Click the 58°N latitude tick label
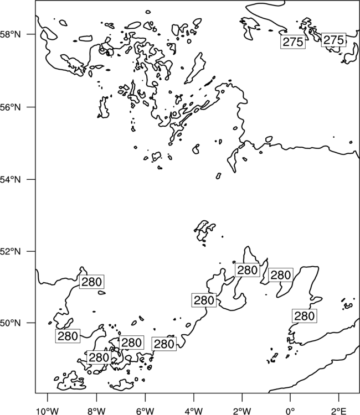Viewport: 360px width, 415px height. point(11,34)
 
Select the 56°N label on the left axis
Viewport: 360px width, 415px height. point(11,107)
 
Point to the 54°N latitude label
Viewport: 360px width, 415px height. point(11,180)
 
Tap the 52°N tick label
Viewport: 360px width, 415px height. point(11,251)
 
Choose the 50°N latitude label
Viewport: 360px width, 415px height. point(11,323)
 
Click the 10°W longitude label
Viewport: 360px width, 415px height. point(48,411)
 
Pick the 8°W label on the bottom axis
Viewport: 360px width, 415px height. point(96,411)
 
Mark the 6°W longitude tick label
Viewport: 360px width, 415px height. point(145,411)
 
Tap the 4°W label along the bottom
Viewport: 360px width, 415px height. point(194,411)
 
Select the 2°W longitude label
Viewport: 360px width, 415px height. point(242,411)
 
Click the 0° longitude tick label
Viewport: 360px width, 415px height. point(290,411)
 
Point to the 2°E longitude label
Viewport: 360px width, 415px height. point(338,411)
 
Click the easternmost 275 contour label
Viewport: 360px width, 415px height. point(333,40)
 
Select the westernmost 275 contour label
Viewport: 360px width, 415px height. point(293,42)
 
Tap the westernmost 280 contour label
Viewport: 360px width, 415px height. point(68,336)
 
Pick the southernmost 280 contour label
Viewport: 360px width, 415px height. point(99,357)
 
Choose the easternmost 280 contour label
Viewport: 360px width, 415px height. point(305,316)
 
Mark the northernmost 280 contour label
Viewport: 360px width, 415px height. point(248,270)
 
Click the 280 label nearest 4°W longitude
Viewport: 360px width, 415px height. point(204,300)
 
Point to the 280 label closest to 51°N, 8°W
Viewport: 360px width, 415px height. point(91,282)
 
